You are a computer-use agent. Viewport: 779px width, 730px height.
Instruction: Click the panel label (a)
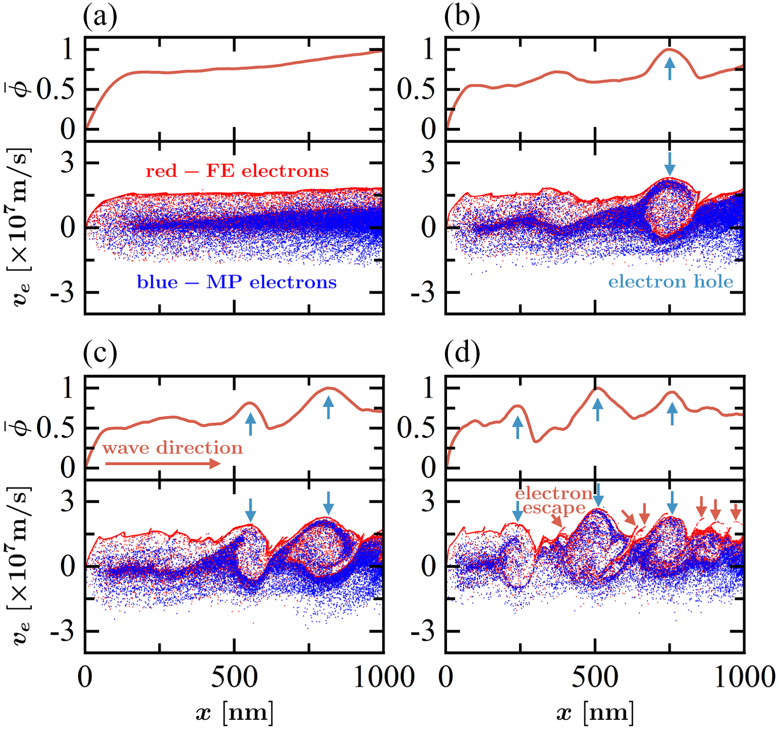pos(100,18)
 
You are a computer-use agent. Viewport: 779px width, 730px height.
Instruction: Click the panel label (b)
pos(462,18)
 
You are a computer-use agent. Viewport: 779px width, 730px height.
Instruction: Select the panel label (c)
pos(100,355)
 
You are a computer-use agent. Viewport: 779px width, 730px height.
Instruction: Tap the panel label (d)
pos(462,355)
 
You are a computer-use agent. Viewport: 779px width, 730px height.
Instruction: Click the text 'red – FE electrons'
pos(237,171)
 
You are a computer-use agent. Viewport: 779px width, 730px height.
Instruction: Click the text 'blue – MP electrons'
pos(237,282)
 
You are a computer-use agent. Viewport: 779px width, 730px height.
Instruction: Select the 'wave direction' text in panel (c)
pos(172,448)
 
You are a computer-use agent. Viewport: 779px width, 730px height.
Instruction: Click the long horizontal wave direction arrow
pos(163,464)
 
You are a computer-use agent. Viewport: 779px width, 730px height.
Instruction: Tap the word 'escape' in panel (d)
pos(554,508)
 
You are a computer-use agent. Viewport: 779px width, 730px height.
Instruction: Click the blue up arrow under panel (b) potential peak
pos(670,69)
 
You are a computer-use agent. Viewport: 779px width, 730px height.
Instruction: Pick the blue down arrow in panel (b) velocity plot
pos(670,164)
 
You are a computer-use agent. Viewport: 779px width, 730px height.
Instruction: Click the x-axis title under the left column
pos(235,711)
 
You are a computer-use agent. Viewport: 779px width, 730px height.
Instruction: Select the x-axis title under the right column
pos(595,711)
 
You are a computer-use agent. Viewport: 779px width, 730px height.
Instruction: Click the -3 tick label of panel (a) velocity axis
pos(63,293)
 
